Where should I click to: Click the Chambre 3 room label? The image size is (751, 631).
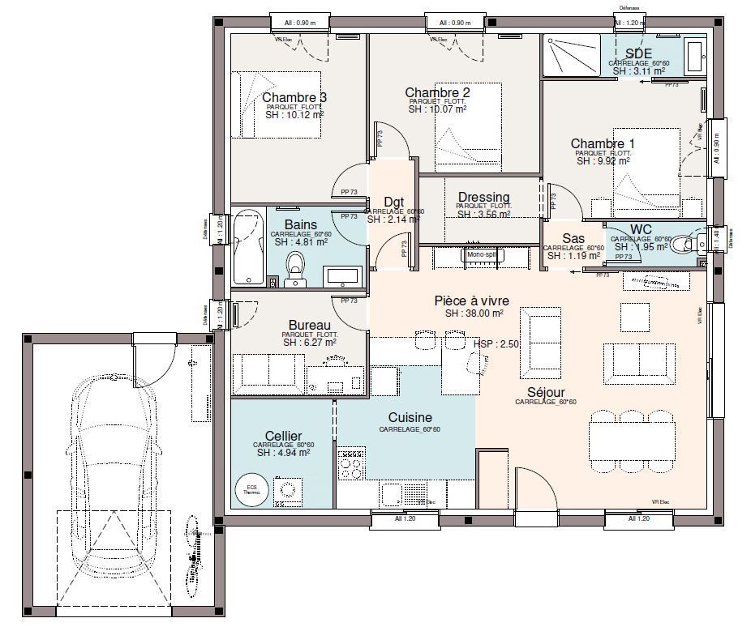(x=294, y=98)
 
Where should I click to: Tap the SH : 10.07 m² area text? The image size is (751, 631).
(x=436, y=109)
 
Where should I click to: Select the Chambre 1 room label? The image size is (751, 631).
(x=602, y=143)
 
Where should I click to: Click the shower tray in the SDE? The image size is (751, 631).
(x=572, y=55)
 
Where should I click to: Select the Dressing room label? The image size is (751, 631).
(x=483, y=197)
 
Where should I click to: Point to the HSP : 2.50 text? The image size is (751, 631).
(x=496, y=344)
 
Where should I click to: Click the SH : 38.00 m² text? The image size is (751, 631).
(x=474, y=313)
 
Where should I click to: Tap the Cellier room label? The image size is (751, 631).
(x=283, y=435)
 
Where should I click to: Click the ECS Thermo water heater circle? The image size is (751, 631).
(x=251, y=488)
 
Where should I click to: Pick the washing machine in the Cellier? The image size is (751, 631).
(x=288, y=491)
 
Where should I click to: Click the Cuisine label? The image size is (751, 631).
(x=410, y=417)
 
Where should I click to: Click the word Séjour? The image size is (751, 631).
(x=545, y=391)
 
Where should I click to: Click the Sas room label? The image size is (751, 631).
(x=574, y=238)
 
